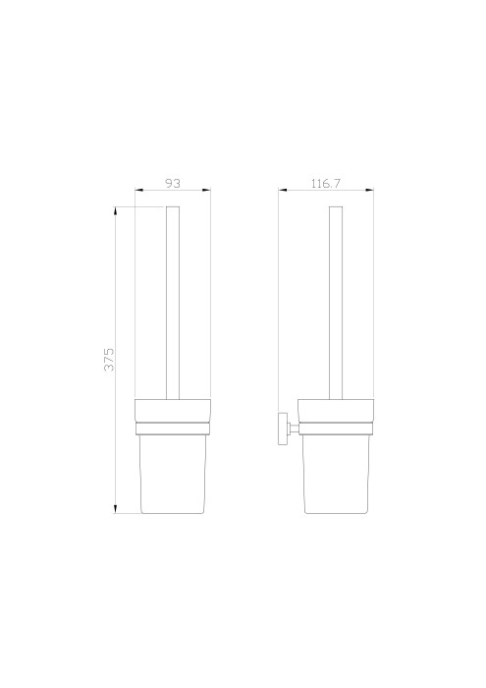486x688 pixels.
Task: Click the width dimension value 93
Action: click(172, 183)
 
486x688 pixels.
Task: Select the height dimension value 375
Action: click(110, 359)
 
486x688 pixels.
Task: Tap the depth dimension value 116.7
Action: click(326, 183)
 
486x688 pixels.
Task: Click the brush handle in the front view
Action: click(173, 305)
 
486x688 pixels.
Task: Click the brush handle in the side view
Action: click(335, 305)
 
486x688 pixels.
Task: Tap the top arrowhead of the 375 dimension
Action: click(117, 210)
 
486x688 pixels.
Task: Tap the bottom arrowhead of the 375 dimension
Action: click(117, 511)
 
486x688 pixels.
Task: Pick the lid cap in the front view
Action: click(173, 409)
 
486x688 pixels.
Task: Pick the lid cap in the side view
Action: click(336, 409)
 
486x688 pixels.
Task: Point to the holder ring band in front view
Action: click(173, 427)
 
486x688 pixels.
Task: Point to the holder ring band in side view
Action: click(336, 427)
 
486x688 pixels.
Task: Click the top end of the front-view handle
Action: click(173, 209)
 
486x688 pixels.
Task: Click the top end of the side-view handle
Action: click(335, 209)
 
